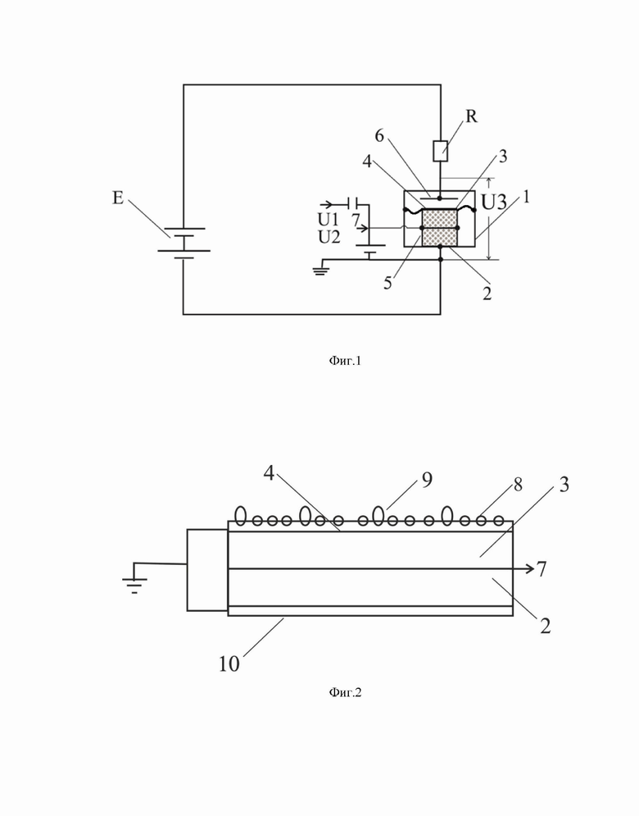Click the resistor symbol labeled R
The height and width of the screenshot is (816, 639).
pyautogui.click(x=441, y=150)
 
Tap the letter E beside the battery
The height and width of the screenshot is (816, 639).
pyautogui.click(x=118, y=198)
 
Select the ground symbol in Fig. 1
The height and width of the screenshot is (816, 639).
pyautogui.click(x=319, y=270)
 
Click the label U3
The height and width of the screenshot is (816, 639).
pyautogui.click(x=494, y=203)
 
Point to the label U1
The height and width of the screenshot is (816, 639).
pyautogui.click(x=328, y=220)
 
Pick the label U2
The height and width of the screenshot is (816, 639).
pyautogui.click(x=329, y=237)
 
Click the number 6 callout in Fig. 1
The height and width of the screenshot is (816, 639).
pyautogui.click(x=379, y=135)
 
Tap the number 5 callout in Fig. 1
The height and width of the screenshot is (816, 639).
pyautogui.click(x=387, y=283)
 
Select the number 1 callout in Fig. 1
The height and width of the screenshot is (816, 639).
pyautogui.click(x=526, y=197)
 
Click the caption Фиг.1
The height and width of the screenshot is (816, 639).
pyautogui.click(x=345, y=361)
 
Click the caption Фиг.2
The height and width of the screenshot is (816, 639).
pyautogui.click(x=345, y=692)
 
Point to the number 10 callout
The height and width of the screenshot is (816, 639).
pyautogui.click(x=229, y=663)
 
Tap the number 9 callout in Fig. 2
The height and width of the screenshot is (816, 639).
pyautogui.click(x=427, y=480)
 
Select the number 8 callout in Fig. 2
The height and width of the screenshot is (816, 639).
pyautogui.click(x=518, y=485)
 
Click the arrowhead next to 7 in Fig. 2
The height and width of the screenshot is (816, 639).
pyautogui.click(x=530, y=568)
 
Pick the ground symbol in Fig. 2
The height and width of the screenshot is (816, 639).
pyautogui.click(x=134, y=586)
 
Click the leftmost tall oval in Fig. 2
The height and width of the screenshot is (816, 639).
pyautogui.click(x=241, y=515)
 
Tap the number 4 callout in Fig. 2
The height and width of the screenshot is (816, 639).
pyautogui.click(x=269, y=473)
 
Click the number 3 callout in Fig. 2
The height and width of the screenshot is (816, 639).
pyautogui.click(x=564, y=485)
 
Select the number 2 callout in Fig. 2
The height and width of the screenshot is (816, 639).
pyautogui.click(x=545, y=626)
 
